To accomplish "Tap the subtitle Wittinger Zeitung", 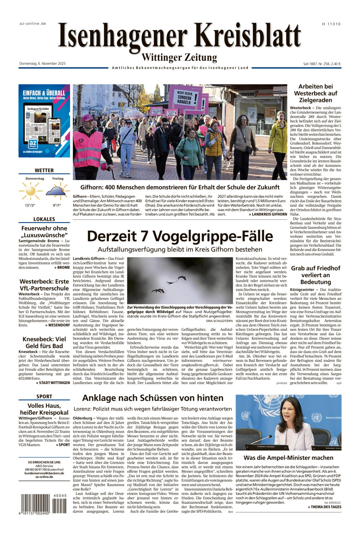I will coord(179,57).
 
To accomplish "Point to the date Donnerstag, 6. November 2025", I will coord(42,64).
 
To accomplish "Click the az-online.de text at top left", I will coord(33,24).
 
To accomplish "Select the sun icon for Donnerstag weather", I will coord(31,190).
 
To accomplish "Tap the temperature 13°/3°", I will coord(30,205).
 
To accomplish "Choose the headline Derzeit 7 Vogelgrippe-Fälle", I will coord(180,236).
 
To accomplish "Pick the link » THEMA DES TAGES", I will coord(324,507).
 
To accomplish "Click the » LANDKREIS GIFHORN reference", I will coord(268,214).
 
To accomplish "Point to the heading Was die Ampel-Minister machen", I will coord(288,458).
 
